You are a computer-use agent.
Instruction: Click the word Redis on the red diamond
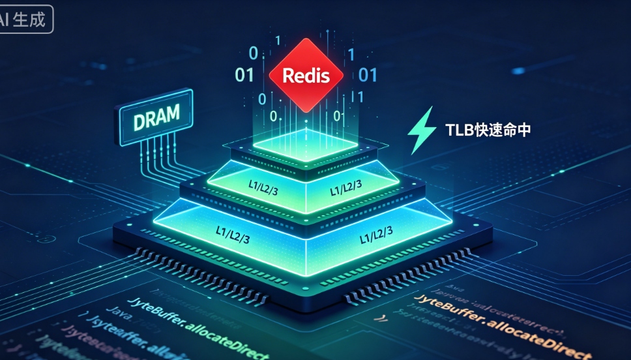tap(303, 76)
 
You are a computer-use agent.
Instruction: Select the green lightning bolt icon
tap(420, 130)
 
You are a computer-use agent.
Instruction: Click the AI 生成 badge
tap(26, 19)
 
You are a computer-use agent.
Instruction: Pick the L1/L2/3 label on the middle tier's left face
tap(264, 185)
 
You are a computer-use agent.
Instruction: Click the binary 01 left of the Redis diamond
tap(244, 75)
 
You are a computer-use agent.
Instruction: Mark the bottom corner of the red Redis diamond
tap(304, 111)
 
